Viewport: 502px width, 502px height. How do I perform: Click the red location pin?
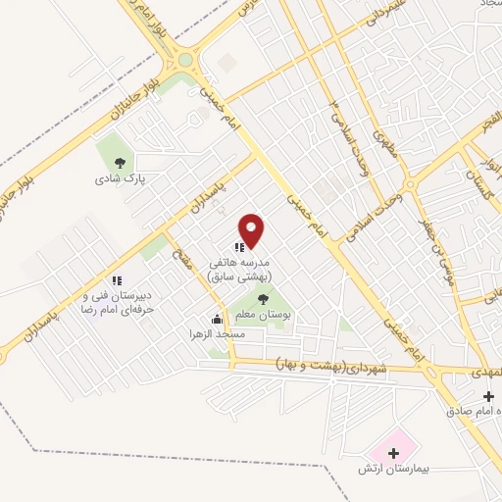(252, 229)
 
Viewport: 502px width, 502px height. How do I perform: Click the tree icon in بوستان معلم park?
(262, 298)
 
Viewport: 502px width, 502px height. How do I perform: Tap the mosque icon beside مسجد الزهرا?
(218, 319)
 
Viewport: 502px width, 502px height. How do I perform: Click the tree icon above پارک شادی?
(120, 164)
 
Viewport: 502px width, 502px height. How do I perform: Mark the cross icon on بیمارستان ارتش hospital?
(393, 455)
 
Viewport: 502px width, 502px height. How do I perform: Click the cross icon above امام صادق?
(487, 394)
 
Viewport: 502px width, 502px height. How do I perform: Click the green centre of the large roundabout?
(184, 60)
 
